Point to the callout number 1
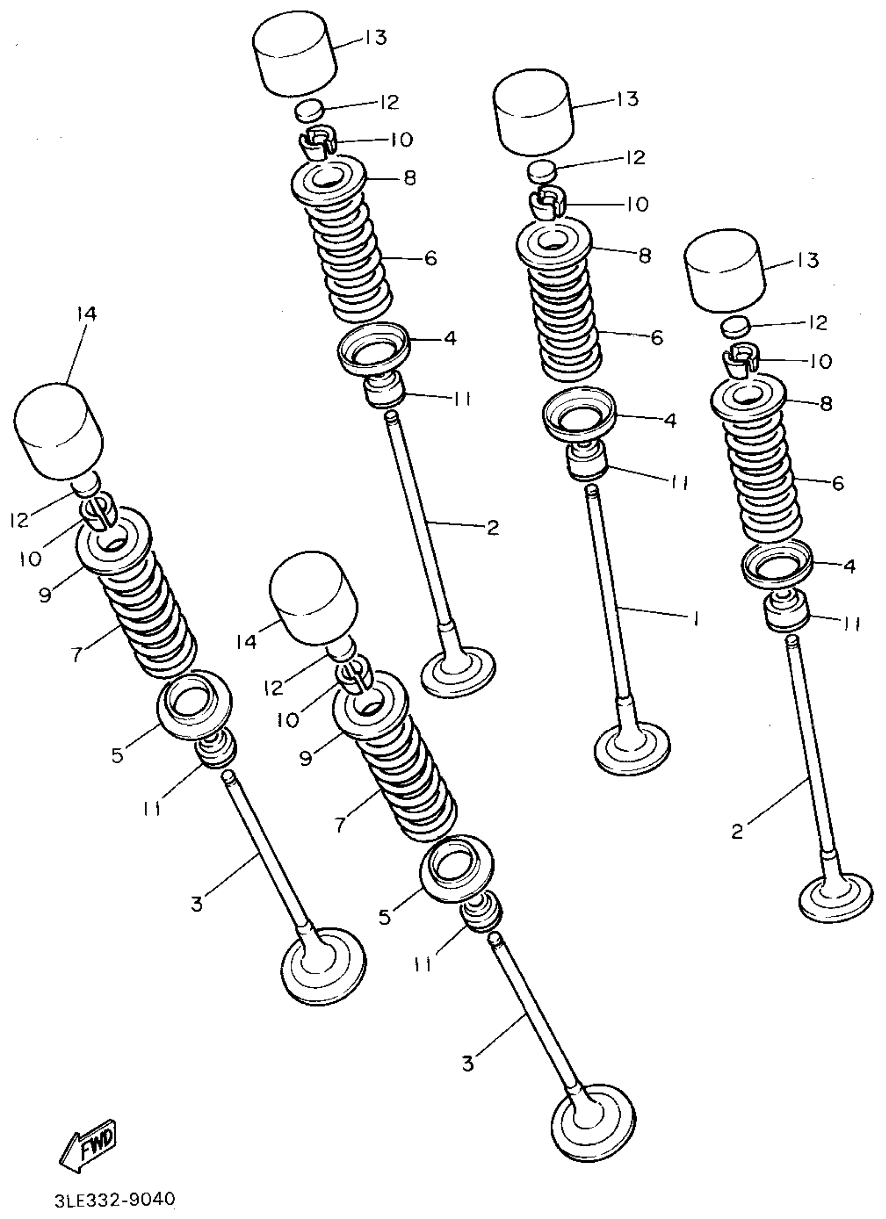[695, 619]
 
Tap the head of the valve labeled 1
[632, 746]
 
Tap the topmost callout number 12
[388, 102]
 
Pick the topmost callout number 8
[410, 178]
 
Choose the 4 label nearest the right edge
[849, 565]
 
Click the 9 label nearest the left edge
[45, 595]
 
